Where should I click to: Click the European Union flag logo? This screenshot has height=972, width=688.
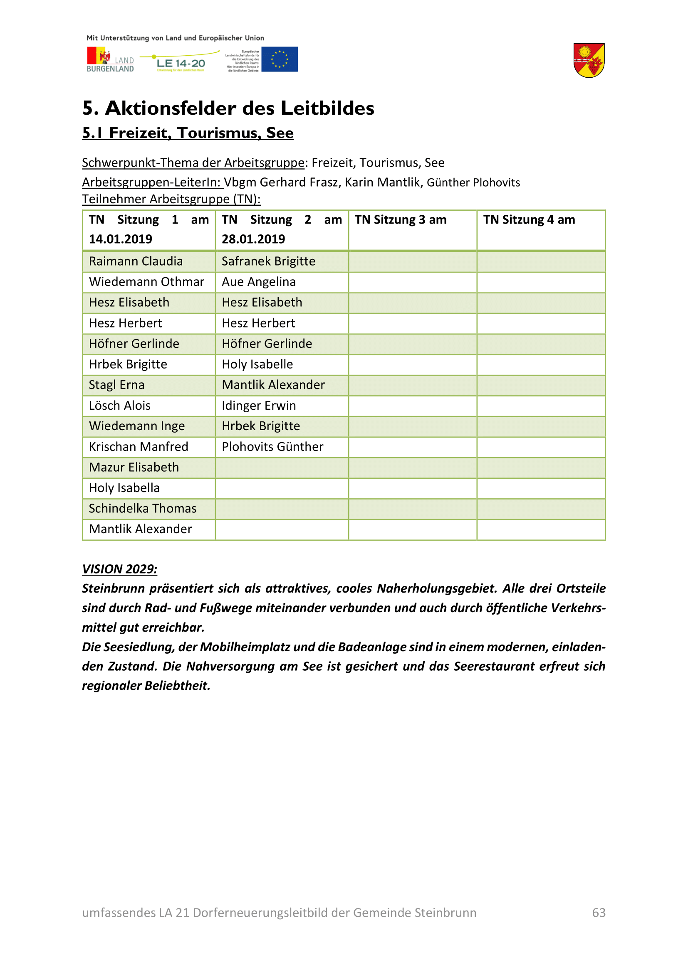[x=279, y=59]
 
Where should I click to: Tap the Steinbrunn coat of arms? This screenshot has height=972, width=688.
[x=589, y=61]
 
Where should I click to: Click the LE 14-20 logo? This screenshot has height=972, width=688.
[x=181, y=64]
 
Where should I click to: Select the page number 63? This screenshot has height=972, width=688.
[x=599, y=912]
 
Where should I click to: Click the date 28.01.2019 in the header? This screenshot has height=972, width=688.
[x=253, y=239]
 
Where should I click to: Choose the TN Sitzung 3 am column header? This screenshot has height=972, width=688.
[x=400, y=220]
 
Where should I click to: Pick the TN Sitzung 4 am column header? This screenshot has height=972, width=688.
[x=529, y=220]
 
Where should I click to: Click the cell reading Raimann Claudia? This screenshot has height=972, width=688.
[x=136, y=261]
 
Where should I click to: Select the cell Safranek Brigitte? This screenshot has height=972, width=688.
[x=268, y=261]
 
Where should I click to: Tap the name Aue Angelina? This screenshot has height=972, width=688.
[x=258, y=282]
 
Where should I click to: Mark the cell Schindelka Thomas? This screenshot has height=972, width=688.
[x=142, y=508]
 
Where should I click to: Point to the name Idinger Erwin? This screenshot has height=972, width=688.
[x=258, y=406]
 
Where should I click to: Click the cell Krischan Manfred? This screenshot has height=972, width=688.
[x=138, y=447]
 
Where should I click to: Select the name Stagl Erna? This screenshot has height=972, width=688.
[x=116, y=385]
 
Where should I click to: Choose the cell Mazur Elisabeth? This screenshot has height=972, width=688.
[x=134, y=468]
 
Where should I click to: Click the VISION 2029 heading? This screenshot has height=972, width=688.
[x=119, y=569]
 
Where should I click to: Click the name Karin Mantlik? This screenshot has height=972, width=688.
[x=383, y=182]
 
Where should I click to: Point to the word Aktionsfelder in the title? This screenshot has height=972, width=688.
[x=177, y=108]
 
